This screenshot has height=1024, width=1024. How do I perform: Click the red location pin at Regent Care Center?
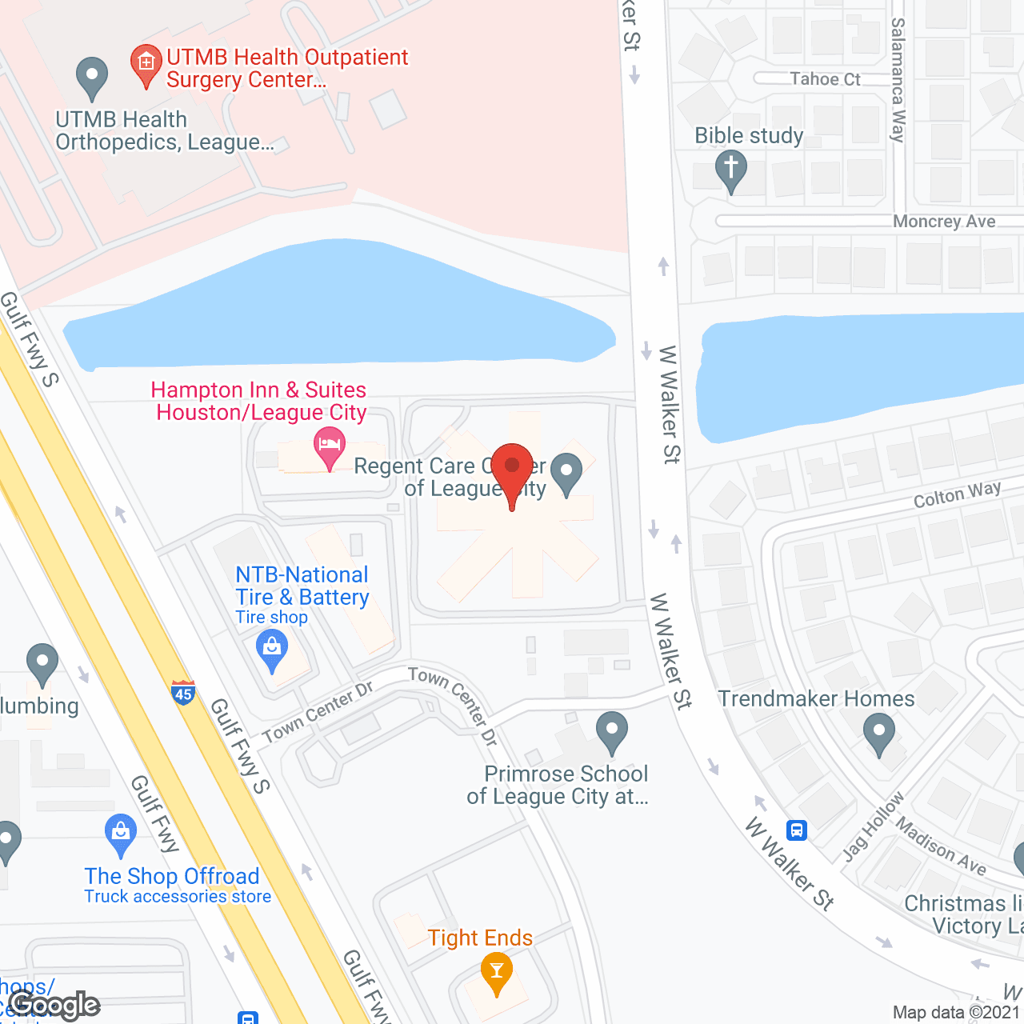click(512, 469)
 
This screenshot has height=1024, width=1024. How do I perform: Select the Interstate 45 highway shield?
click(183, 693)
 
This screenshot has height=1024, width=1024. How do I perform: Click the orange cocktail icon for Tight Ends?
click(497, 973)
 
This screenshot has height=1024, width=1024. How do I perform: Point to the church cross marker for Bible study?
click(730, 170)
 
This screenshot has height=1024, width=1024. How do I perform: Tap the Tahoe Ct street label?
click(825, 78)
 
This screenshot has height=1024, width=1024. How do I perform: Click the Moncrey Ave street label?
click(944, 221)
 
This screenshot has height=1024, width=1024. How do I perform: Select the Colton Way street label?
click(957, 494)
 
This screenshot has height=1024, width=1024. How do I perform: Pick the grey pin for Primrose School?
click(612, 730)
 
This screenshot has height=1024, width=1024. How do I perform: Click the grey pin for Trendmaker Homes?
click(879, 733)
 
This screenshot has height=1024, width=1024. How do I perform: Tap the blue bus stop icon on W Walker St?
click(797, 830)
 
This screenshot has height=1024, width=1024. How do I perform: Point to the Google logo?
click(56, 1005)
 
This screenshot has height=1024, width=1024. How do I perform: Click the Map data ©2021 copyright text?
click(956, 1012)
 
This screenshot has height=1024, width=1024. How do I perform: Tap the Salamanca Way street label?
click(898, 80)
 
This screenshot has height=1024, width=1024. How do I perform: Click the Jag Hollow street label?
click(873, 826)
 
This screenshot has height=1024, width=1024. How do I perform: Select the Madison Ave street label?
click(941, 846)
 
